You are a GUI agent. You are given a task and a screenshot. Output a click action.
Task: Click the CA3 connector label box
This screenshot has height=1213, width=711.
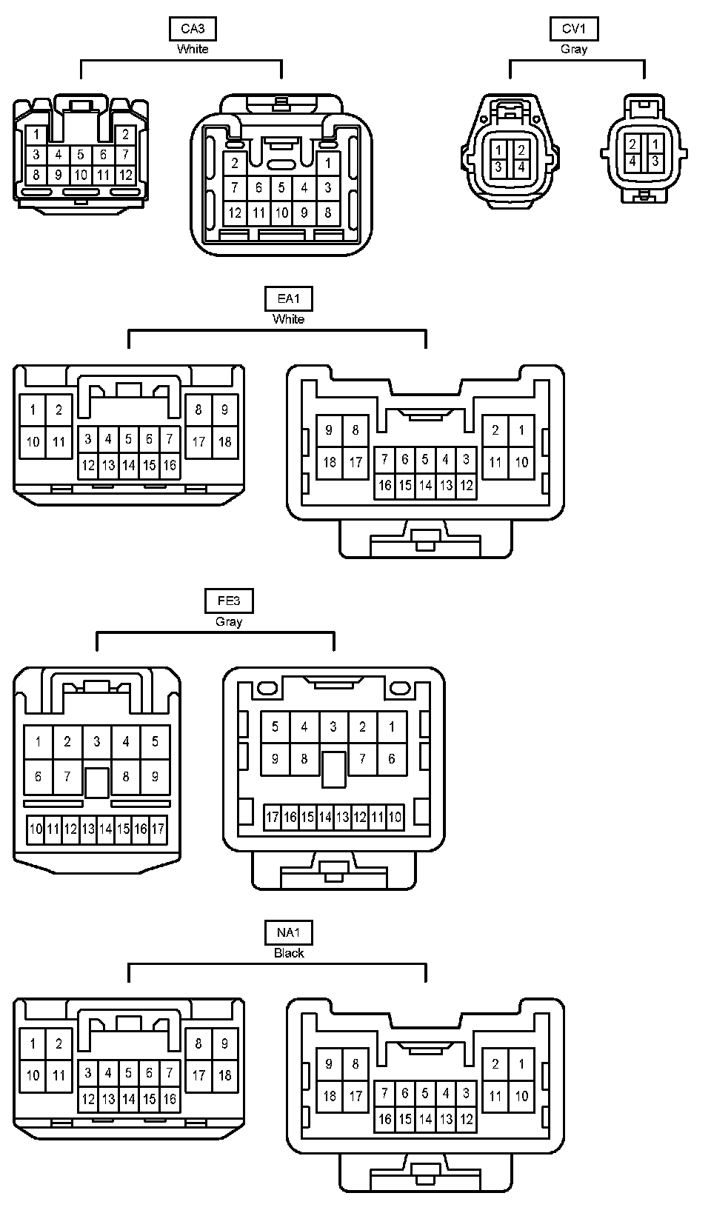[x=193, y=29]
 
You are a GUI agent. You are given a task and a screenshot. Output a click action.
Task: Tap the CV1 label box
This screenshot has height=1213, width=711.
[x=574, y=29]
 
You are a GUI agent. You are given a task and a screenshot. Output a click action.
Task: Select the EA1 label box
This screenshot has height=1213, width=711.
[x=288, y=299]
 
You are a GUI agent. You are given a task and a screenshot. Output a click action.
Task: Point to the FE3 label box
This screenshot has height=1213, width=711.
[x=229, y=601]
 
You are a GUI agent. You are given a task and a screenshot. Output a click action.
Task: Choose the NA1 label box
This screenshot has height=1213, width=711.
[x=288, y=933]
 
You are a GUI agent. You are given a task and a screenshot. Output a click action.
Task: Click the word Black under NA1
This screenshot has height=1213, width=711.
[x=289, y=953]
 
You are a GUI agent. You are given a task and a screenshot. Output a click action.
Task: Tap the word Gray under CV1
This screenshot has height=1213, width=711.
[x=574, y=49]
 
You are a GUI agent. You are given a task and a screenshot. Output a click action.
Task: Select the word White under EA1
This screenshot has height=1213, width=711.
[x=288, y=319]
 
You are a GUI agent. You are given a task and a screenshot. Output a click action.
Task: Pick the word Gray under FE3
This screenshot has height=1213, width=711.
[x=229, y=621]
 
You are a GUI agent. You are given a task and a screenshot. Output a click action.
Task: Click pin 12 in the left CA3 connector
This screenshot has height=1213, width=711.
[x=125, y=176]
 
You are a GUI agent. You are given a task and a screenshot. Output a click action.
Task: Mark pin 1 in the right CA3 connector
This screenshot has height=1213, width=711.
[x=328, y=163]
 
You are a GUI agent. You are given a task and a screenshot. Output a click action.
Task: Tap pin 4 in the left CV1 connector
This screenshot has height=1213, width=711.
[x=521, y=167]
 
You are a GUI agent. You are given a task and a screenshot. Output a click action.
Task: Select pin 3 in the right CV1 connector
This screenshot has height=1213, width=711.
[x=655, y=161]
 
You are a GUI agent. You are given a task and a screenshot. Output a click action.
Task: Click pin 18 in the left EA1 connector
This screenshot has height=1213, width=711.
[x=225, y=442]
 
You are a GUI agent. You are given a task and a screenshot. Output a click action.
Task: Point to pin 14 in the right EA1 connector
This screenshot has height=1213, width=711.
[x=425, y=486]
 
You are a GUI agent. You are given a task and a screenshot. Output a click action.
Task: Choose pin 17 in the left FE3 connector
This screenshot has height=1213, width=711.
[x=158, y=829]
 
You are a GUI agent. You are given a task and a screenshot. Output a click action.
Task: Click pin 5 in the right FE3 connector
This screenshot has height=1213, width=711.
[x=275, y=726]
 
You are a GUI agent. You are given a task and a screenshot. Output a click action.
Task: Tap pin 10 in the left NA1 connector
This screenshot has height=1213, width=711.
[x=33, y=1075]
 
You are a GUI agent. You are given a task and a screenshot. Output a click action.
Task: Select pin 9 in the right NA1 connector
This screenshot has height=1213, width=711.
[x=330, y=1064]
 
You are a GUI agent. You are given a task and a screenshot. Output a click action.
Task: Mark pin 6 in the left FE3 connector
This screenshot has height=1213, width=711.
[x=38, y=777]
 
